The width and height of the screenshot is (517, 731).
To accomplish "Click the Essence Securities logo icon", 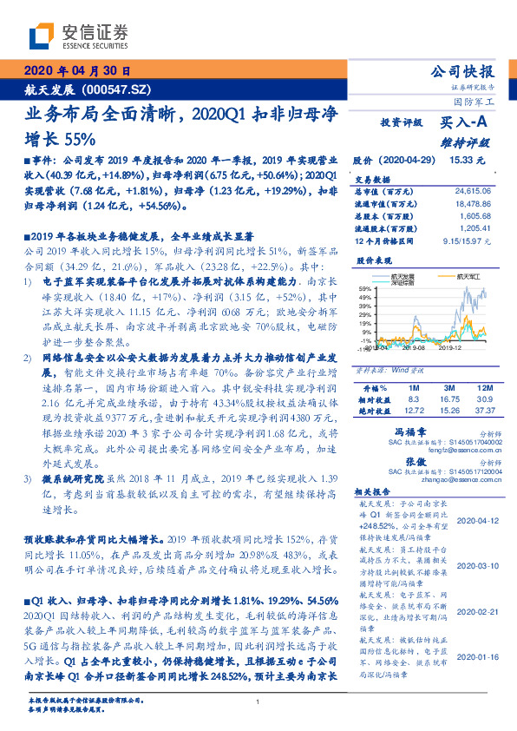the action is [x=41, y=36].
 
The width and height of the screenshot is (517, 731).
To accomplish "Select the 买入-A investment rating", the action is [x=461, y=123].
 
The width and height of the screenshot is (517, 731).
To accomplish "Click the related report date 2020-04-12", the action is [x=474, y=521].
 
